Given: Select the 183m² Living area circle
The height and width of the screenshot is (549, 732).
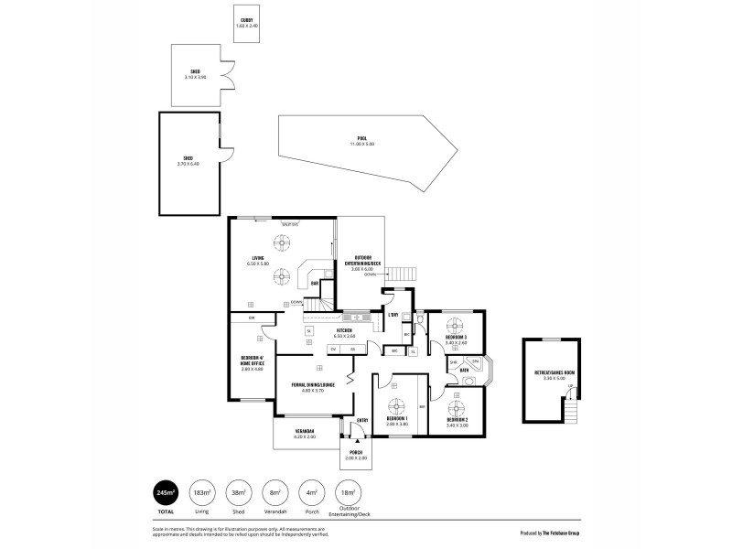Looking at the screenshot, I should point(199,492).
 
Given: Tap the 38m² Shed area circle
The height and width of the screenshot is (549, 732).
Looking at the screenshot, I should point(237,492).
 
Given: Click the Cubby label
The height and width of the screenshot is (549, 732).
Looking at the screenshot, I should point(246,22).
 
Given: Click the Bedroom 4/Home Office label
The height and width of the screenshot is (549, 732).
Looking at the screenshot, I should point(253,362).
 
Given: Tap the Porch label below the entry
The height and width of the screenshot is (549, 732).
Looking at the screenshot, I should point(353,455).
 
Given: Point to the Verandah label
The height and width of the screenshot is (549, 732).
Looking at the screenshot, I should point(305,433).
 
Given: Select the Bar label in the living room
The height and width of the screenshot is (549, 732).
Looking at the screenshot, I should point(316,284).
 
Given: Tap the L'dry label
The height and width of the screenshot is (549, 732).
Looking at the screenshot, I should point(392,316).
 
